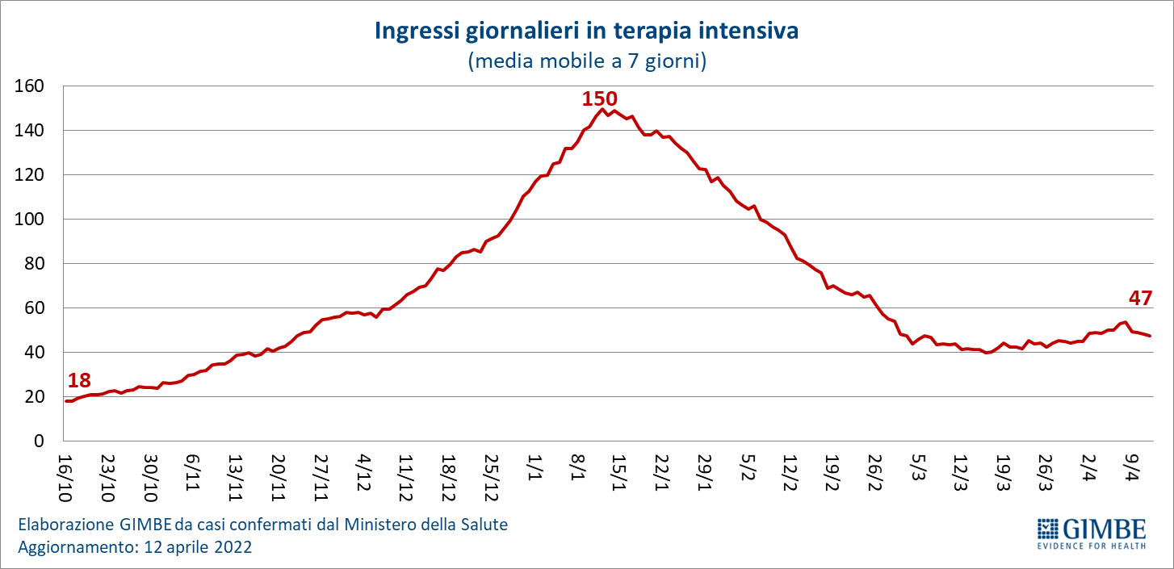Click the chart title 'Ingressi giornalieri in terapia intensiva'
[x=586, y=31]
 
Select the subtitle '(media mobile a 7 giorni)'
[x=587, y=61]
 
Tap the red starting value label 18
[x=79, y=381]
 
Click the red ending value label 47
[x=1140, y=298]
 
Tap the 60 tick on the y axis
[x=35, y=308]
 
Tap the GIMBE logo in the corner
[x=1091, y=533]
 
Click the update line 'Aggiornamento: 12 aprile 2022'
[x=135, y=547]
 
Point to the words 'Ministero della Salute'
[x=426, y=525]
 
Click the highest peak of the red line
[x=603, y=109]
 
